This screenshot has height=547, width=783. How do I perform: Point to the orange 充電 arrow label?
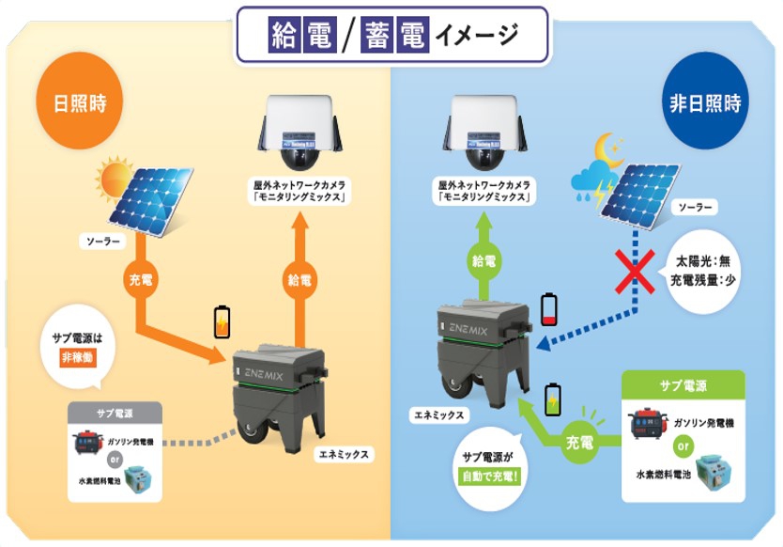142,279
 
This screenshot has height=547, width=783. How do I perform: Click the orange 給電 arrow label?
299,278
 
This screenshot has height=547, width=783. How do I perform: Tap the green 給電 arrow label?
484,259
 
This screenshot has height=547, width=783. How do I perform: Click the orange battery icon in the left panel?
223,320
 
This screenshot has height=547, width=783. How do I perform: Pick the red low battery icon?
550,308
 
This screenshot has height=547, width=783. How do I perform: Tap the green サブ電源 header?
683,386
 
